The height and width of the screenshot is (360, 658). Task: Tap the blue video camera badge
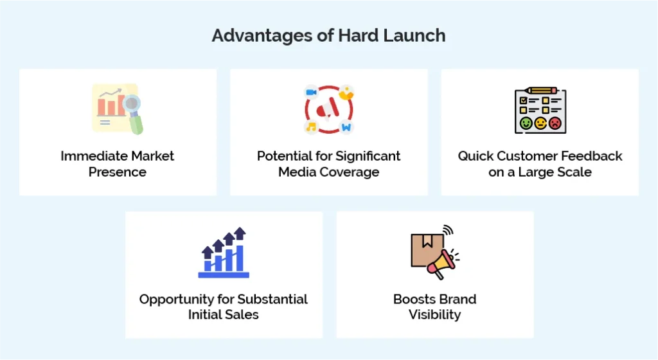tap(312, 92)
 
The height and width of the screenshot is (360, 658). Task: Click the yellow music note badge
tap(312, 127)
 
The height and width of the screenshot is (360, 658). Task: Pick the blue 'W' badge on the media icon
tap(346, 127)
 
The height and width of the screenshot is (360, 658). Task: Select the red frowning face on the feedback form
tap(555, 123)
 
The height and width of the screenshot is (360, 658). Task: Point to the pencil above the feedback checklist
tap(540, 91)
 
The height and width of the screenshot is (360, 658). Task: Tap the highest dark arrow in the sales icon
tap(240, 233)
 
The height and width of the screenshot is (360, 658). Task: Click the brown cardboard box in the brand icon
tap(427, 249)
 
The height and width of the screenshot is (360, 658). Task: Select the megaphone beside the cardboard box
tap(441, 262)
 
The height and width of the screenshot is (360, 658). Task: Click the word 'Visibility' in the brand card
tap(435, 315)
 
